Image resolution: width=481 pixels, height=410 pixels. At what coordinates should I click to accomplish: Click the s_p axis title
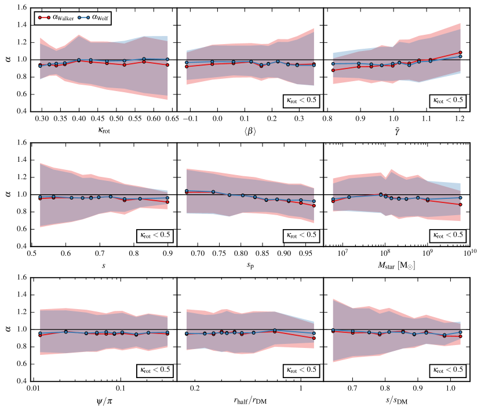[250, 266]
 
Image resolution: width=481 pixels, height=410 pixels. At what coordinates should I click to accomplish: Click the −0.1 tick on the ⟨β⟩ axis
[187, 118]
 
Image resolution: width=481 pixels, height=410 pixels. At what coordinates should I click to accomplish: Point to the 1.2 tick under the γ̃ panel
[460, 118]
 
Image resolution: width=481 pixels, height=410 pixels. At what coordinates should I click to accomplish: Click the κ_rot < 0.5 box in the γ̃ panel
[447, 99]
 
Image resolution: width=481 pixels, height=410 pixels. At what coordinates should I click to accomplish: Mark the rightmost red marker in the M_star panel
[460, 205]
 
